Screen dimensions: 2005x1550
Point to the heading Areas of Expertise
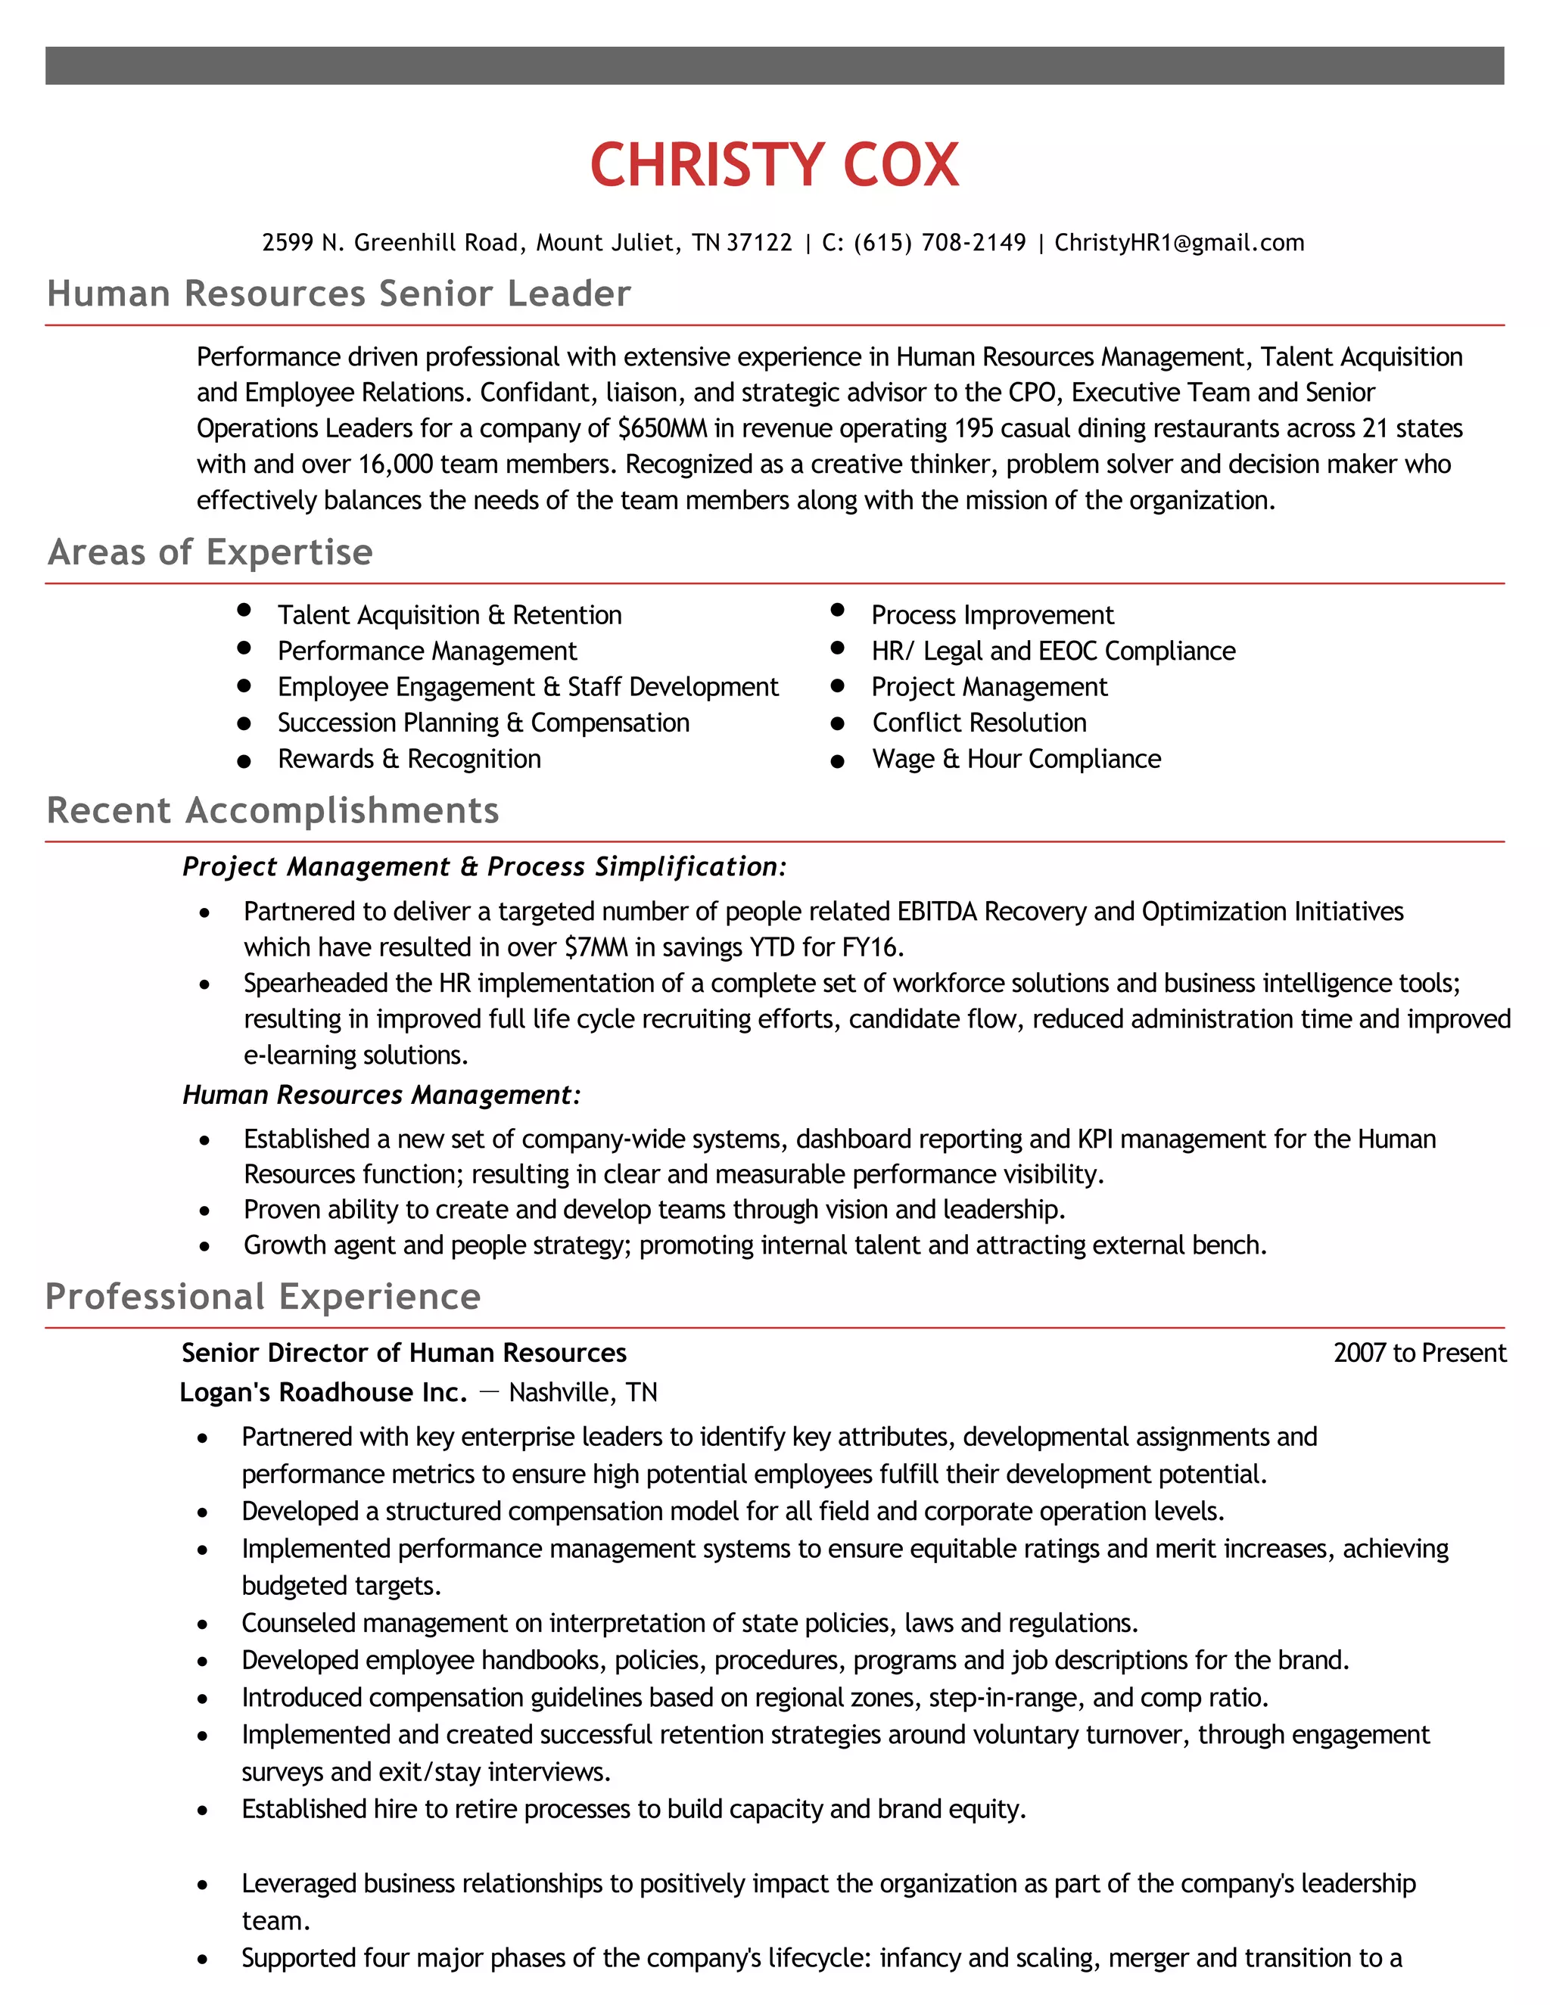click(x=210, y=552)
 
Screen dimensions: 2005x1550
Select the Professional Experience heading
click(x=263, y=1297)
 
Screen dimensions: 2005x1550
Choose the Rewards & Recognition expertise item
click(x=409, y=759)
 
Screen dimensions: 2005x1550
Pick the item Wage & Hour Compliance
click(x=1016, y=759)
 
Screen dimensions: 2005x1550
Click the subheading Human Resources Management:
click(x=381, y=1096)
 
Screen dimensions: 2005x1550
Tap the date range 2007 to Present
click(x=1420, y=1354)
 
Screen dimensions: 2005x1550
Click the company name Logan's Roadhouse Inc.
click(x=323, y=1393)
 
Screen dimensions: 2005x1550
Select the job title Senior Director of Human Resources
click(x=404, y=1354)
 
